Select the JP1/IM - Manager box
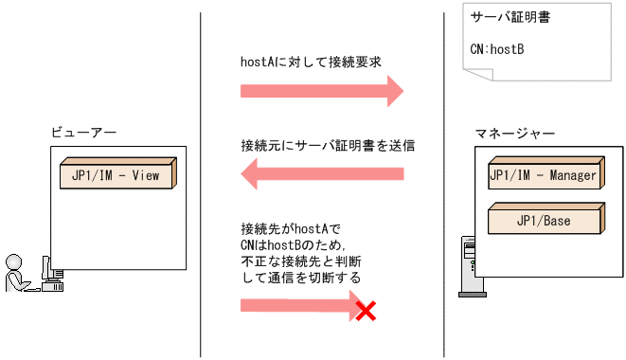click(x=544, y=176)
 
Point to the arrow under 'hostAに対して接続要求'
click(x=322, y=91)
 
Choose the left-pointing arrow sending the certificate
click(x=322, y=174)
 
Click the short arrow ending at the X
click(x=298, y=306)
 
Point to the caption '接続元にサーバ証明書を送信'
click(x=328, y=147)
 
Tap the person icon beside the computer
click(x=15, y=274)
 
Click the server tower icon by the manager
click(x=466, y=261)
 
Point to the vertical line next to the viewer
click(x=201, y=180)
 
